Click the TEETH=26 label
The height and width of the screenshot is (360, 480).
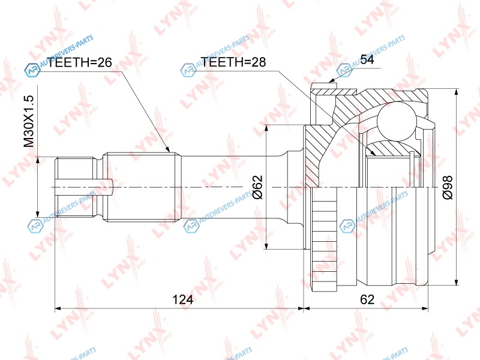click(79, 62)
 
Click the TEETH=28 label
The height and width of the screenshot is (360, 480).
click(233, 62)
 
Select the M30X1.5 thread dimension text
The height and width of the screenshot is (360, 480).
click(29, 121)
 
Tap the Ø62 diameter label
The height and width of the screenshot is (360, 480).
click(258, 187)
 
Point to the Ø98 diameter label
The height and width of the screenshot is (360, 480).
click(448, 188)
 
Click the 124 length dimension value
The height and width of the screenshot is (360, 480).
click(183, 299)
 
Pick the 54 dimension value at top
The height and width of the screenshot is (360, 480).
click(367, 59)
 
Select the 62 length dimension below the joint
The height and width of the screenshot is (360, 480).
click(367, 299)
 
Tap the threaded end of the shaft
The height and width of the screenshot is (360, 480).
click(74, 187)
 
